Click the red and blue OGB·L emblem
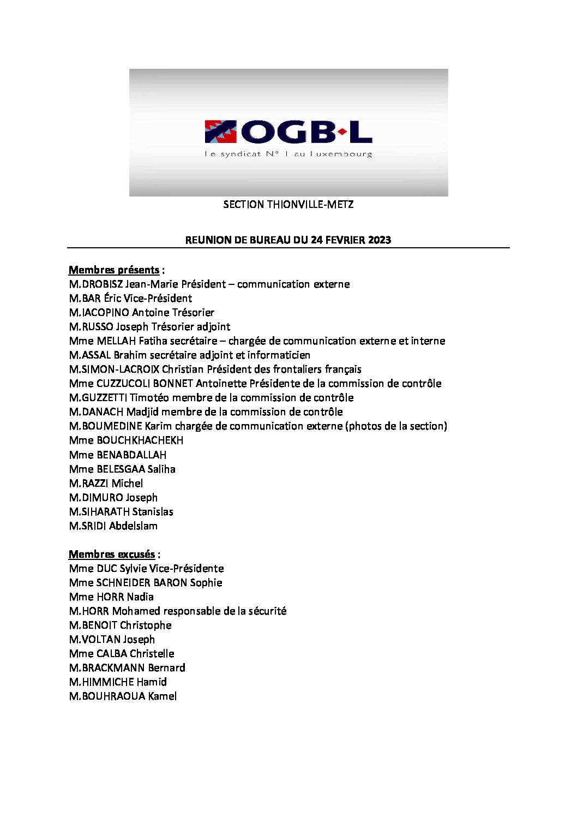point(220,132)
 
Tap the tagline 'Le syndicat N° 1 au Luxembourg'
point(288,154)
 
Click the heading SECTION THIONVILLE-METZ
point(288,205)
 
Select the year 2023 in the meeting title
point(379,240)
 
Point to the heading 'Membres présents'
point(114,270)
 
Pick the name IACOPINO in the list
point(106,313)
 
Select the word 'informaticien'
point(279,355)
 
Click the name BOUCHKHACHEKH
point(140,440)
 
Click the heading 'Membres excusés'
point(112,554)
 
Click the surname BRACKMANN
point(111,668)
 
